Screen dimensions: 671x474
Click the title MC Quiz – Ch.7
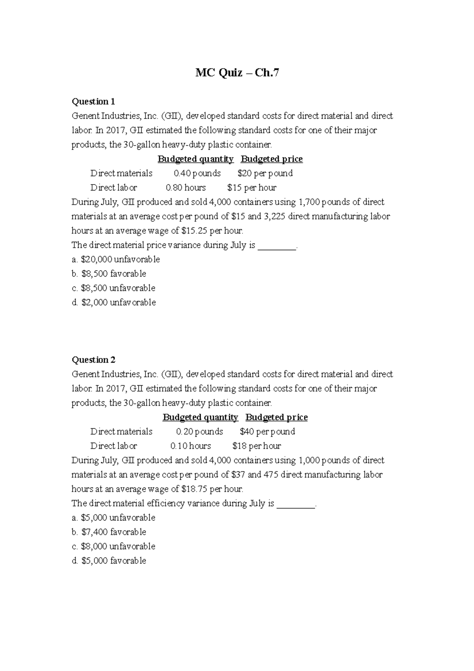click(x=237, y=73)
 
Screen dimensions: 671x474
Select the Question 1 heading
click(x=93, y=102)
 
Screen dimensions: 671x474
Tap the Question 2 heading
click(x=93, y=360)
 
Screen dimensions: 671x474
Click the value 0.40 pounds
click(x=197, y=173)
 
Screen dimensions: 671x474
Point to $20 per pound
click(x=265, y=173)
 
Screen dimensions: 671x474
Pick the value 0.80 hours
click(x=186, y=187)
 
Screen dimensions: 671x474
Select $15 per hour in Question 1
click(x=252, y=187)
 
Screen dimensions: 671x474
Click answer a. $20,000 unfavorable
click(x=116, y=259)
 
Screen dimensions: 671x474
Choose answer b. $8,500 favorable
click(x=109, y=273)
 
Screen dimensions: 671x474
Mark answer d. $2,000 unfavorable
click(x=114, y=302)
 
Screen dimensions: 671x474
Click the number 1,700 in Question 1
click(x=309, y=202)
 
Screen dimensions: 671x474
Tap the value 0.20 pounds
click(x=199, y=431)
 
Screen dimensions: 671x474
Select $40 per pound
click(x=267, y=431)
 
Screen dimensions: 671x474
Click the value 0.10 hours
click(x=190, y=446)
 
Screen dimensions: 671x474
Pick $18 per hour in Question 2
click(x=257, y=446)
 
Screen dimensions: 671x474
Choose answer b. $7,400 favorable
click(x=109, y=532)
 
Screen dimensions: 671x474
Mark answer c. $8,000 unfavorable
click(x=113, y=546)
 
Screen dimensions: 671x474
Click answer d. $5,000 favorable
click(x=109, y=560)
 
